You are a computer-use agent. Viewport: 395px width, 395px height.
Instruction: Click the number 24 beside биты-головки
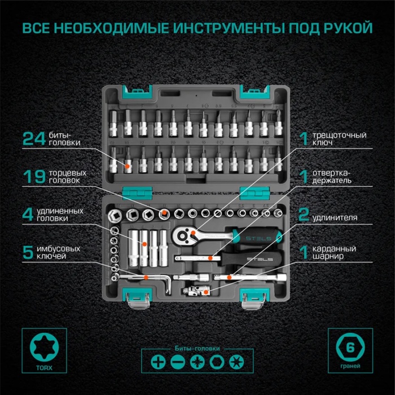click(33, 139)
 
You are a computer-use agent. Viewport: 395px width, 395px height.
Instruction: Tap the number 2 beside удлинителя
click(304, 215)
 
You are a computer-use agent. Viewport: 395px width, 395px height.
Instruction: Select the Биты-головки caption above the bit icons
click(197, 348)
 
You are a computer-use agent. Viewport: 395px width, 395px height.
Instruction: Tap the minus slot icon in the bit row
click(177, 362)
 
